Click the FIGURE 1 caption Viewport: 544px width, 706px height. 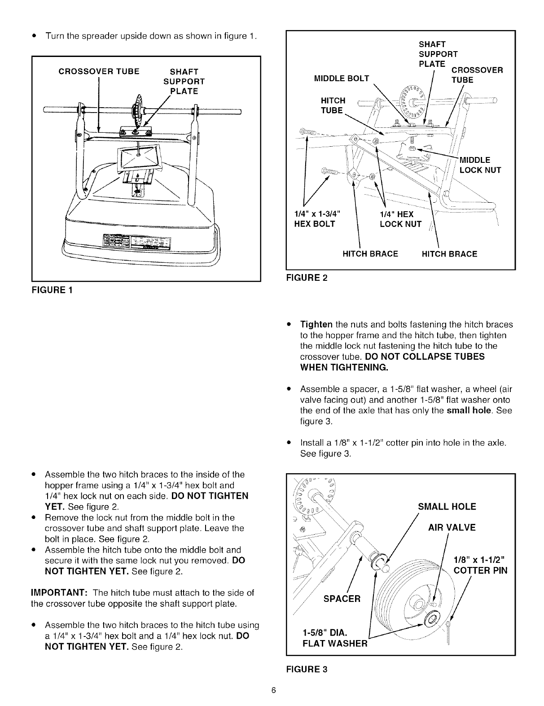click(53, 290)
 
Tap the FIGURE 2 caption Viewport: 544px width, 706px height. click(307, 278)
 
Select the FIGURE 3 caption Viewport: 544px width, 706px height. click(307, 669)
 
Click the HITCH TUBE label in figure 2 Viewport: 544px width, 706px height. click(333, 105)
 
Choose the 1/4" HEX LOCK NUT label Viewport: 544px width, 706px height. click(400, 219)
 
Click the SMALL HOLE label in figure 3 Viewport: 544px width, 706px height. click(447, 507)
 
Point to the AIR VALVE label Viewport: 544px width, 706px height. click(452, 527)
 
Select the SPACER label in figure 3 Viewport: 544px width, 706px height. click(342, 599)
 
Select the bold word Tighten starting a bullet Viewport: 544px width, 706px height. click(316, 324)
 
